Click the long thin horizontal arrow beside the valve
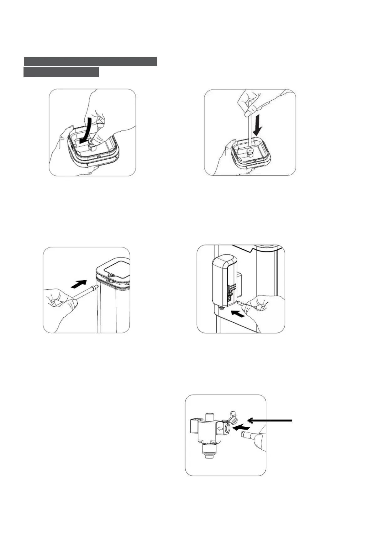pos(270,420)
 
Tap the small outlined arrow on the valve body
pos(221,428)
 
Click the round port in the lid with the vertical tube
pos(250,152)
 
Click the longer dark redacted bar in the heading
pos(90,61)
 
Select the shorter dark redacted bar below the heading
pos(61,72)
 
